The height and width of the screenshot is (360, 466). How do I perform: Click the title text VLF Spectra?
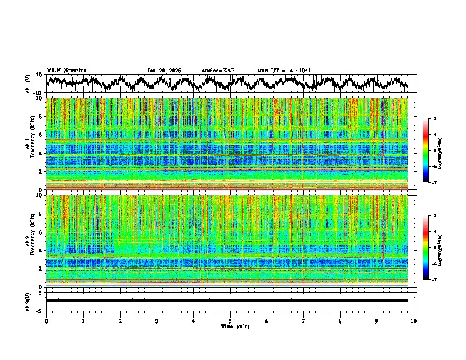tap(66, 70)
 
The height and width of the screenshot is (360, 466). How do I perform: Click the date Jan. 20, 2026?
tap(164, 71)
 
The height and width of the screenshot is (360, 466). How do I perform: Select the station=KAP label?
tap(218, 71)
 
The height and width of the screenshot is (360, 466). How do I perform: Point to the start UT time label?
tap(284, 71)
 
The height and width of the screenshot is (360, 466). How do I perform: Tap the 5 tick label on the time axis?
tap(230, 321)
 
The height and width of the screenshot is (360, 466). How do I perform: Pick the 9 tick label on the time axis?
tap(377, 321)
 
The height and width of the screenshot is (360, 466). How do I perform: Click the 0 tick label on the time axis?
tap(46, 321)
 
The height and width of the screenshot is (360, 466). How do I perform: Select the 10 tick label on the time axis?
tap(414, 321)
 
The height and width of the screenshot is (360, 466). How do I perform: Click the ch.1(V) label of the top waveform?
tap(28, 84)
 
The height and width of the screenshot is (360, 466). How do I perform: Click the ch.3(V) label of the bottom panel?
tap(28, 301)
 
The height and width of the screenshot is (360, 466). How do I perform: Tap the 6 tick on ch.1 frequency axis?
tap(41, 135)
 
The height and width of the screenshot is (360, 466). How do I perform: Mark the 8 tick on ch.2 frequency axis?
tap(41, 214)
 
